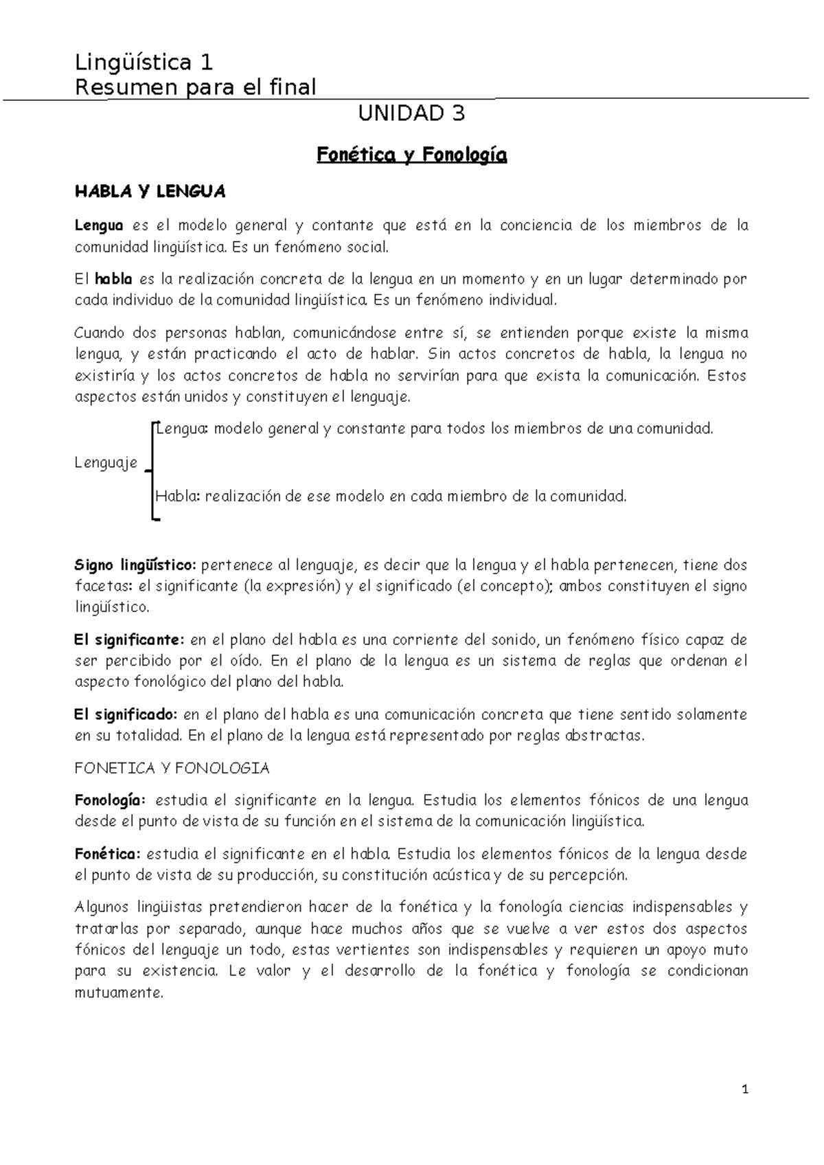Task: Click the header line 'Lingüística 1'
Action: (x=144, y=63)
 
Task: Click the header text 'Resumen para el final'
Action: (x=195, y=87)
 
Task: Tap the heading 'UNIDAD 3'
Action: (x=411, y=113)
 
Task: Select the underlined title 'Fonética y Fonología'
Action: (x=411, y=156)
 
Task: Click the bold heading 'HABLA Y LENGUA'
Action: (x=150, y=192)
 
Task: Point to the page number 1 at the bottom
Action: (x=744, y=1089)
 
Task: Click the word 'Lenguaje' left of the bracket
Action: (x=106, y=463)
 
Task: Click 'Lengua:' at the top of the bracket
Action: (x=182, y=429)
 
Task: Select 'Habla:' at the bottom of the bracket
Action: (x=178, y=496)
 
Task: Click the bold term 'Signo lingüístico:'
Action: (x=135, y=565)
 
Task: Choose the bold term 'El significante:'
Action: (x=129, y=640)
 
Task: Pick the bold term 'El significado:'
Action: (x=126, y=714)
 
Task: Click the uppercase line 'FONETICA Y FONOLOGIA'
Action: (x=172, y=768)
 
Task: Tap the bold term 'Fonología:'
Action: (x=110, y=800)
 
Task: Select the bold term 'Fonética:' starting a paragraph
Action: (x=107, y=854)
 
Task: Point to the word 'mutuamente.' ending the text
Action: (x=119, y=993)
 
